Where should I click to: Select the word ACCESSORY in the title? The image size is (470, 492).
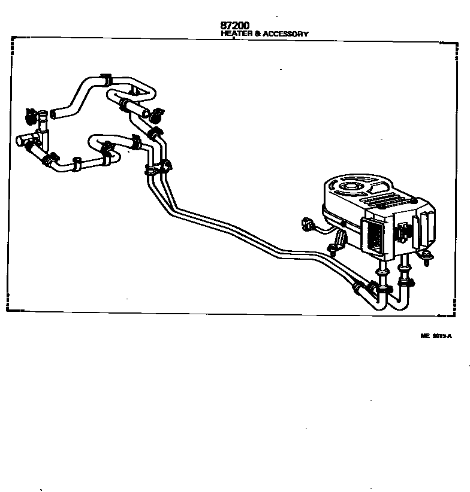coord(286,34)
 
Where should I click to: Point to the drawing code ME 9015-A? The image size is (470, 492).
coord(436,336)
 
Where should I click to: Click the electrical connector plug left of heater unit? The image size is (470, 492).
coord(310,226)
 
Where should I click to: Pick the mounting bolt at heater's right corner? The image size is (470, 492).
coord(426,257)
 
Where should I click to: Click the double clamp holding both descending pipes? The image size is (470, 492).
coord(157,169)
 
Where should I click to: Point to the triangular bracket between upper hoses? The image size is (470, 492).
coord(138,92)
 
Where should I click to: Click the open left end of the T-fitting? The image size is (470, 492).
coord(19,142)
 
